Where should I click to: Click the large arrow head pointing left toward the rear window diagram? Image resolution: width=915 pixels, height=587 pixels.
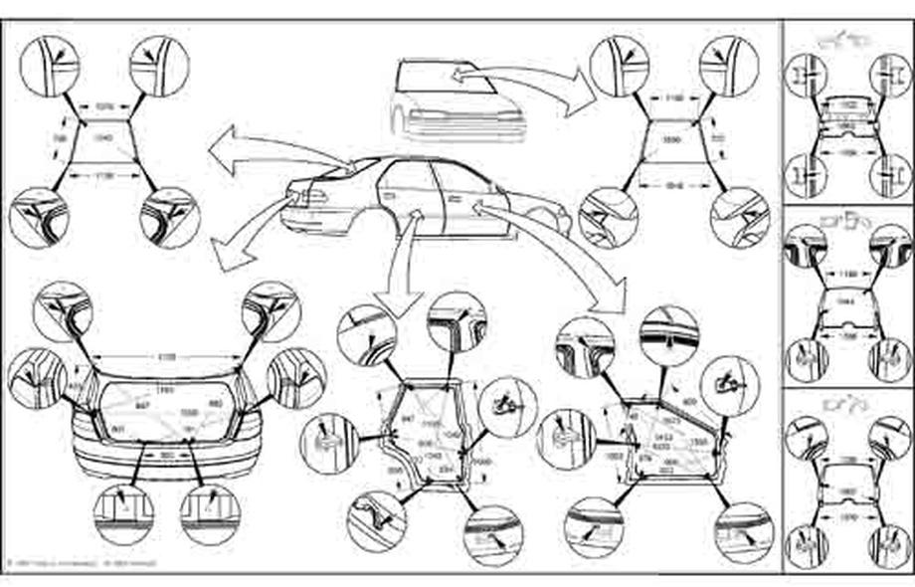[221, 144]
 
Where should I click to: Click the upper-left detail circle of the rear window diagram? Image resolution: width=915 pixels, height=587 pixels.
[49, 66]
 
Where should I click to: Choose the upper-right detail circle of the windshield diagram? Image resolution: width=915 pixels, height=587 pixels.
[729, 66]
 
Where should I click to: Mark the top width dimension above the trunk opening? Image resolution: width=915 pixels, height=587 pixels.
[167, 355]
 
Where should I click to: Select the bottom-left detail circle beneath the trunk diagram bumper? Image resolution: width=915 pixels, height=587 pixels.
[122, 514]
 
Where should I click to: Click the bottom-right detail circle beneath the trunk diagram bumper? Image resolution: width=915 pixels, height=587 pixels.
[210, 514]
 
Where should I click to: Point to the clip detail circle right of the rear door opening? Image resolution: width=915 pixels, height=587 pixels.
[507, 408]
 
